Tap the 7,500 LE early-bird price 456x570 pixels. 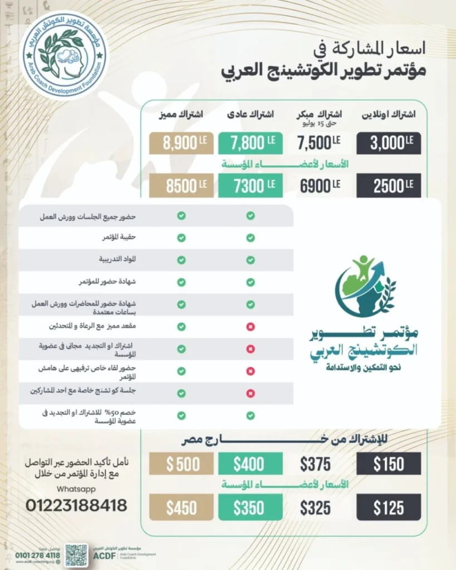(319, 143)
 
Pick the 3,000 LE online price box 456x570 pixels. (388, 143)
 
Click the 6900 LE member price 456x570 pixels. (319, 186)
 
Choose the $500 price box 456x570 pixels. (182, 464)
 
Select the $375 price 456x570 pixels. (315, 464)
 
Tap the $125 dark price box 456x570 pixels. (388, 508)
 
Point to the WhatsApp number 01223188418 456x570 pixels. (76, 505)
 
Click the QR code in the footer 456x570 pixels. (76, 555)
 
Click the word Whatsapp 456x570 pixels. (76, 489)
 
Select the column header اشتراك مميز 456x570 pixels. (181, 114)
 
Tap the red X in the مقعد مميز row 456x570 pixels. (251, 327)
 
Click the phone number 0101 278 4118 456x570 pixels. (38, 555)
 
